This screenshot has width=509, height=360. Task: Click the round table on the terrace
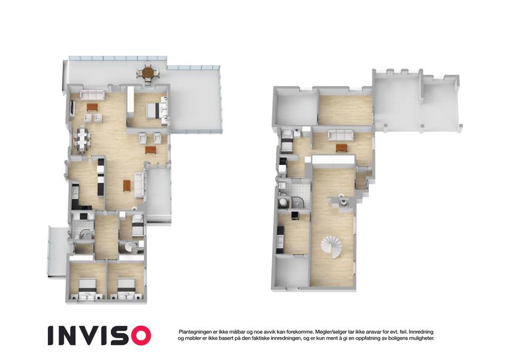pyautogui.click(x=148, y=73)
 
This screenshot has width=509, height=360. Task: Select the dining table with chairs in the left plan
pyautogui.click(x=83, y=139)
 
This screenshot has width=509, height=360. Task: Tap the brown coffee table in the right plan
pyautogui.click(x=341, y=148)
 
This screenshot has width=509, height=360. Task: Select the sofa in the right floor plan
pyautogui.click(x=341, y=135)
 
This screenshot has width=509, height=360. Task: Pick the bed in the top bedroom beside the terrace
pyautogui.click(x=153, y=110)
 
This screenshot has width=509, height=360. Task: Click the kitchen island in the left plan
pyautogui.click(x=101, y=177)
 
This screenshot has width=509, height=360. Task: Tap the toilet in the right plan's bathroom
pyautogui.click(x=283, y=202)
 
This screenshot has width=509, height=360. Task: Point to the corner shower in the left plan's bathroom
pyautogui.click(x=86, y=236)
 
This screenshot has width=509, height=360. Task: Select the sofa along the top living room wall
pyautogui.click(x=92, y=95)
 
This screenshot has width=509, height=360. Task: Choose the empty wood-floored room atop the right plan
pyautogui.click(x=346, y=110)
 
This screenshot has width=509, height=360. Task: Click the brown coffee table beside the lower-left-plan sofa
pyautogui.click(x=127, y=186)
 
